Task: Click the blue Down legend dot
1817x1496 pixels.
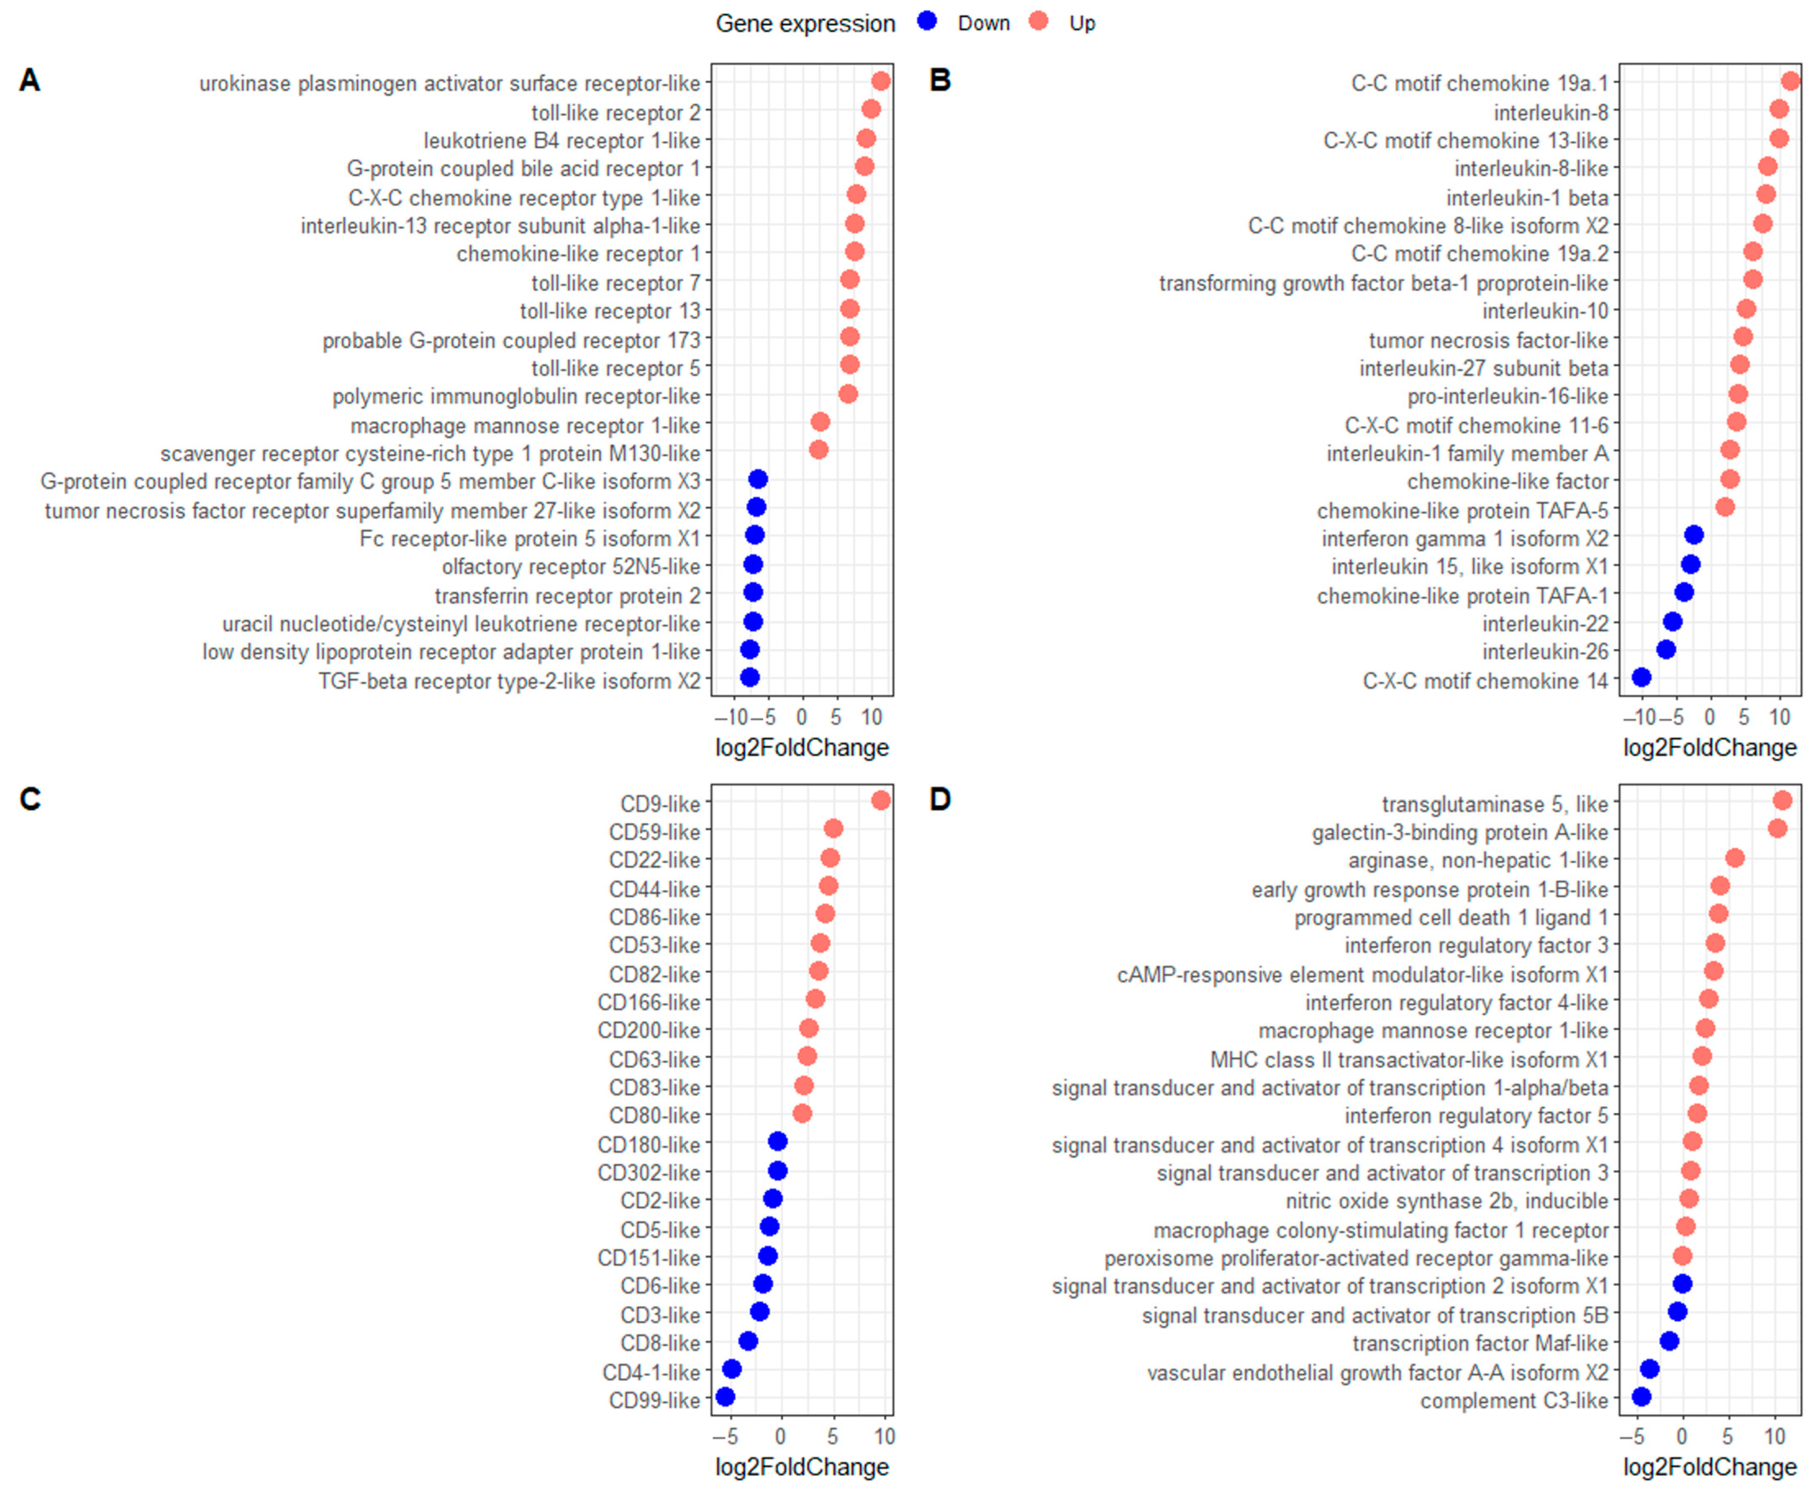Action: pos(926,21)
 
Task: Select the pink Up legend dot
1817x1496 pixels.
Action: pos(1039,21)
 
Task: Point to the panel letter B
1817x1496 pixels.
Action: pos(940,80)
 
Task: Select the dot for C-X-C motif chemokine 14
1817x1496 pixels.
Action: pos(1641,677)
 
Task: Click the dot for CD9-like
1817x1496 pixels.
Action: pos(880,800)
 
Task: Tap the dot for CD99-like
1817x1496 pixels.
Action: pos(725,1397)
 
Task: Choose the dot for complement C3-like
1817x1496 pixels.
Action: pos(1641,1397)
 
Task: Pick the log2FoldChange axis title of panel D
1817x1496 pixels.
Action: pos(1709,1467)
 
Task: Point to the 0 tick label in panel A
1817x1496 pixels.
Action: pos(802,717)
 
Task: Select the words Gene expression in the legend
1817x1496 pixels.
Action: pos(805,23)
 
